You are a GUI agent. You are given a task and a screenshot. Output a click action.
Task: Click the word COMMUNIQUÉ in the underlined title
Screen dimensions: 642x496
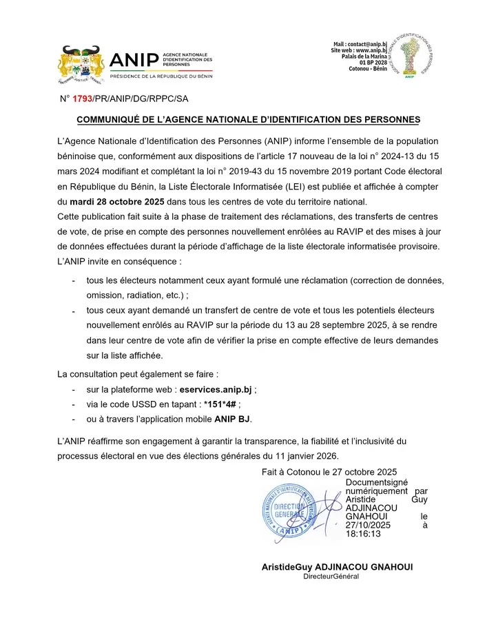tap(113, 120)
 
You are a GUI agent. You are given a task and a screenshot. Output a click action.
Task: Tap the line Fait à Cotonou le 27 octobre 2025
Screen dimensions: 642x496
tap(329, 472)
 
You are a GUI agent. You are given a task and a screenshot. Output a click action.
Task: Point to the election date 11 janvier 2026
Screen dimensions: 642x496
tap(301, 455)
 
